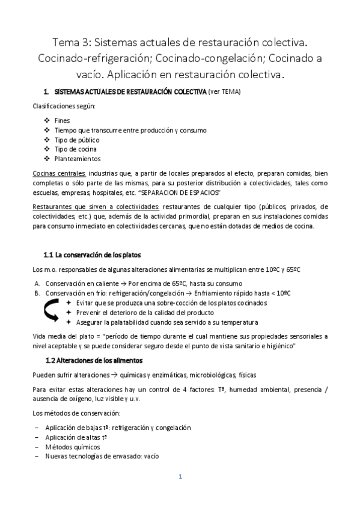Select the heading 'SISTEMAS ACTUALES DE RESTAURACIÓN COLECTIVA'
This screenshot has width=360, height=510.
(x=129, y=92)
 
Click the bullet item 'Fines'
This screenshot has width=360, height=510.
(x=62, y=120)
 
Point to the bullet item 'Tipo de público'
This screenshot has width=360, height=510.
(x=76, y=140)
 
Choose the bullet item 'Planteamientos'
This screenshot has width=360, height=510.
(x=78, y=159)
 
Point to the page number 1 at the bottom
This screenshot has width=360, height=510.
(x=180, y=477)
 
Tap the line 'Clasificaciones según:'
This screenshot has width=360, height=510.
(x=64, y=106)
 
